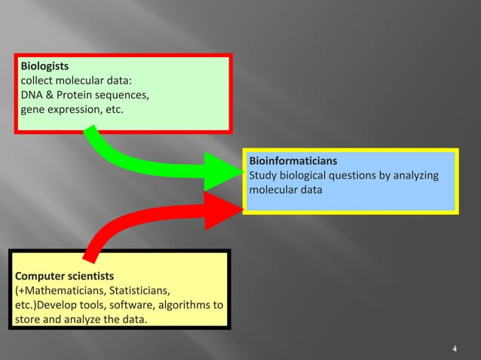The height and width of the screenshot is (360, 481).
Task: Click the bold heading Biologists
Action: (44, 66)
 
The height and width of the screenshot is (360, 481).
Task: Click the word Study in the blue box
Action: (263, 175)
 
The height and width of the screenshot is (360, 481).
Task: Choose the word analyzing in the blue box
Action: (415, 175)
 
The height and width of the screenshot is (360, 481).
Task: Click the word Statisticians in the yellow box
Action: (139, 290)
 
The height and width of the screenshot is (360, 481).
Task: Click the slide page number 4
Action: (454, 349)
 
